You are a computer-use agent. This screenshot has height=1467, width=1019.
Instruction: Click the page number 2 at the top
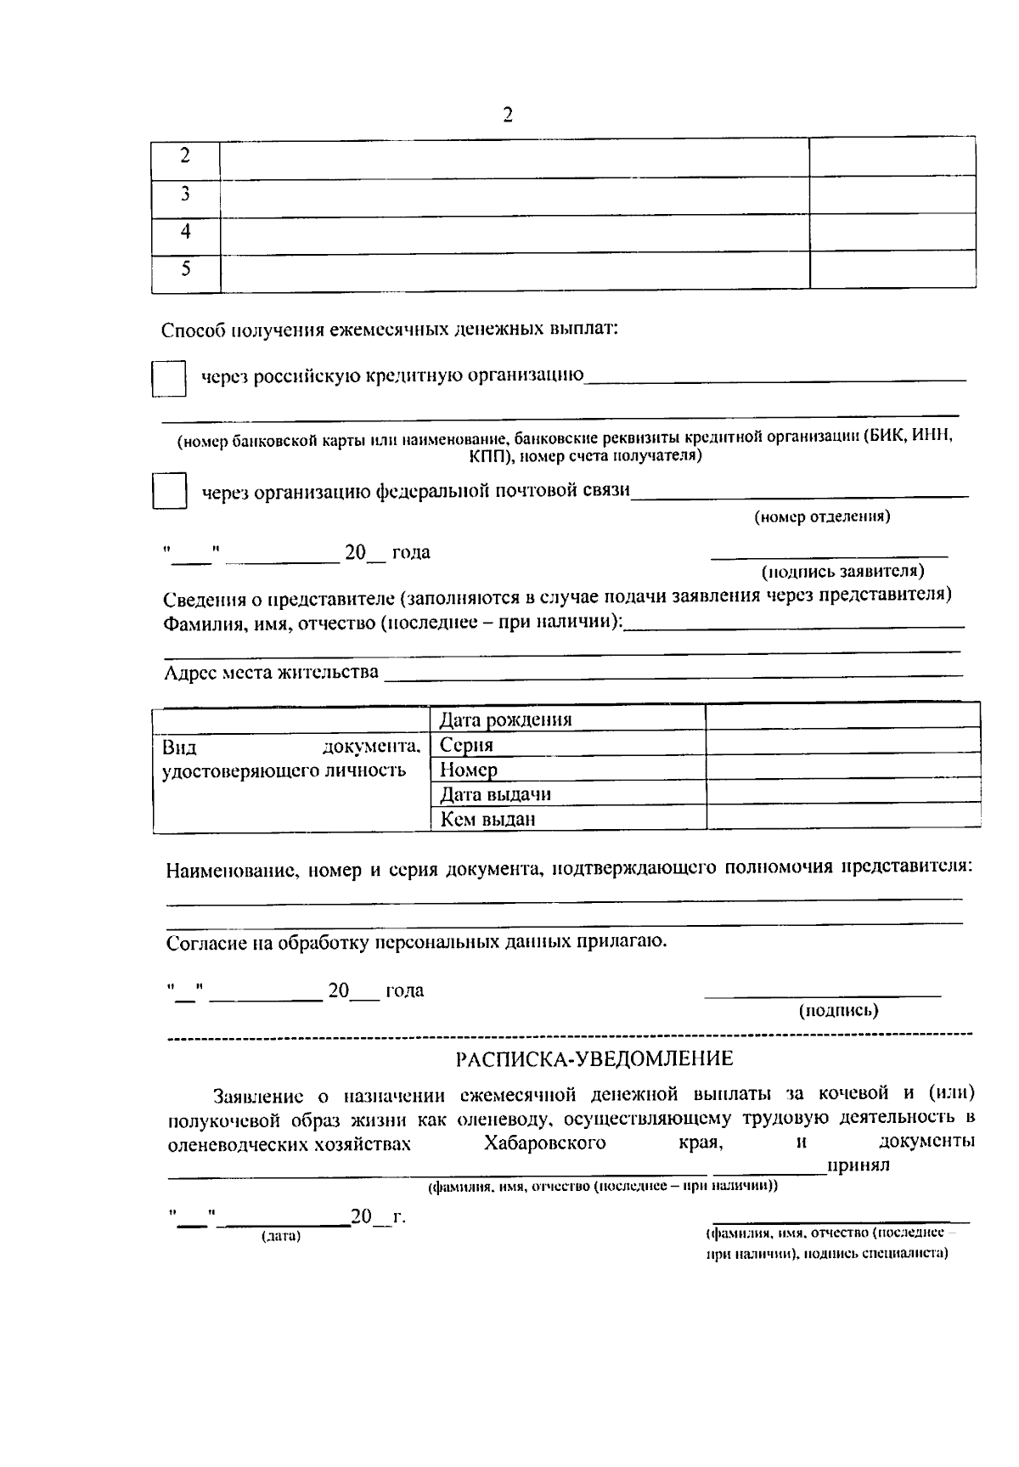click(508, 115)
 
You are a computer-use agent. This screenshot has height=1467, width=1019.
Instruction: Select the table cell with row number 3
click(185, 195)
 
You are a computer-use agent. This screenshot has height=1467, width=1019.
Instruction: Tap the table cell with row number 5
click(185, 270)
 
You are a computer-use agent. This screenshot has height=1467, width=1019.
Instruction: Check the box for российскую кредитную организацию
click(169, 378)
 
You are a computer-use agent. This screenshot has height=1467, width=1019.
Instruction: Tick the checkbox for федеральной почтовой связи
click(169, 491)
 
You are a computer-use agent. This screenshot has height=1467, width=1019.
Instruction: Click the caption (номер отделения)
click(822, 516)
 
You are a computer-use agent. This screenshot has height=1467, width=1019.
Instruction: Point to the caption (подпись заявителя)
click(842, 571)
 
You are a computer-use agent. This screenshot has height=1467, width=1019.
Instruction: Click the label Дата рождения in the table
click(505, 720)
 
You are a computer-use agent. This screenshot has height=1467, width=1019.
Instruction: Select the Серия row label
click(466, 745)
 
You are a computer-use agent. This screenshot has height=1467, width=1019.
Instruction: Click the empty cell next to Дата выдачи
click(842, 793)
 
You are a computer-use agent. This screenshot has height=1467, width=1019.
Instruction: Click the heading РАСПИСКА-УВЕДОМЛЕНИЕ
click(594, 1059)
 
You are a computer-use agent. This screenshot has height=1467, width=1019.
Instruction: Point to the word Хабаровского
click(544, 1143)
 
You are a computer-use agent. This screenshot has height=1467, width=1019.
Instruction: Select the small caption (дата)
click(281, 1236)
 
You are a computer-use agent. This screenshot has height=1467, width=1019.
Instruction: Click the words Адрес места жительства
click(271, 673)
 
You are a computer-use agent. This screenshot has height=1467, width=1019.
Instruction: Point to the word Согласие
click(205, 942)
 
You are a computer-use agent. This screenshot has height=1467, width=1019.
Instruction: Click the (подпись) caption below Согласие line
click(838, 1011)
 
